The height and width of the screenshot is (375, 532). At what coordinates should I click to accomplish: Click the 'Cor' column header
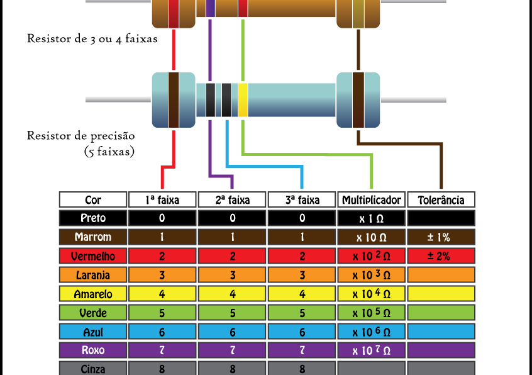coord(93,200)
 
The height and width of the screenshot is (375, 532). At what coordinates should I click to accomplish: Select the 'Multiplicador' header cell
coord(372,200)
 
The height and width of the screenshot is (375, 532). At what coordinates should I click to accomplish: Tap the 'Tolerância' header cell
coord(441,200)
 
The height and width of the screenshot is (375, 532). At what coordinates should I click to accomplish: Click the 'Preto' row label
coord(93,218)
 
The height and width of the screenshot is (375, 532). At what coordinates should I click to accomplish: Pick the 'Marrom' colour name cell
coord(93,237)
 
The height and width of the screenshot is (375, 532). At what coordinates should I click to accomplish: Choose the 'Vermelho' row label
coord(93,256)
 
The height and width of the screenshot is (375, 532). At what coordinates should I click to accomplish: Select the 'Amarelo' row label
coord(93,294)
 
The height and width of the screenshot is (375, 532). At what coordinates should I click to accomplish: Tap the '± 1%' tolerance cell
coord(441,237)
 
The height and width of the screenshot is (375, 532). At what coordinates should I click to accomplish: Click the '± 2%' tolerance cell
coord(441,256)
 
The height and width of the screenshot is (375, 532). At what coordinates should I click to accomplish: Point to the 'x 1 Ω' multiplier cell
coord(372,218)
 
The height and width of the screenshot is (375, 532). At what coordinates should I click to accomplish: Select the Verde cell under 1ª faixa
coord(162,313)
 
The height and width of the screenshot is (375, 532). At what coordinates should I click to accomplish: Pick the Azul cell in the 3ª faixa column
coord(302,332)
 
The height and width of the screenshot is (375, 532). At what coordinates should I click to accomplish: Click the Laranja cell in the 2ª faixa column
coord(233,275)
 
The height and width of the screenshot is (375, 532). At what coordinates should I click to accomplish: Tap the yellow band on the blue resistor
coord(243,100)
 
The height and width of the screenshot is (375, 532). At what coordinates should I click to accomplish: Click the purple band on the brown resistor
coord(210,8)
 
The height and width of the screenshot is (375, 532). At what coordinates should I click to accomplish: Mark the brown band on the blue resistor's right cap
coord(358,100)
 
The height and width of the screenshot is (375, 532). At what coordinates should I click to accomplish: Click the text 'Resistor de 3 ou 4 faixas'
coord(92,38)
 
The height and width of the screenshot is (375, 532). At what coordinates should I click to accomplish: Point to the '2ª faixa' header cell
coord(233,200)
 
